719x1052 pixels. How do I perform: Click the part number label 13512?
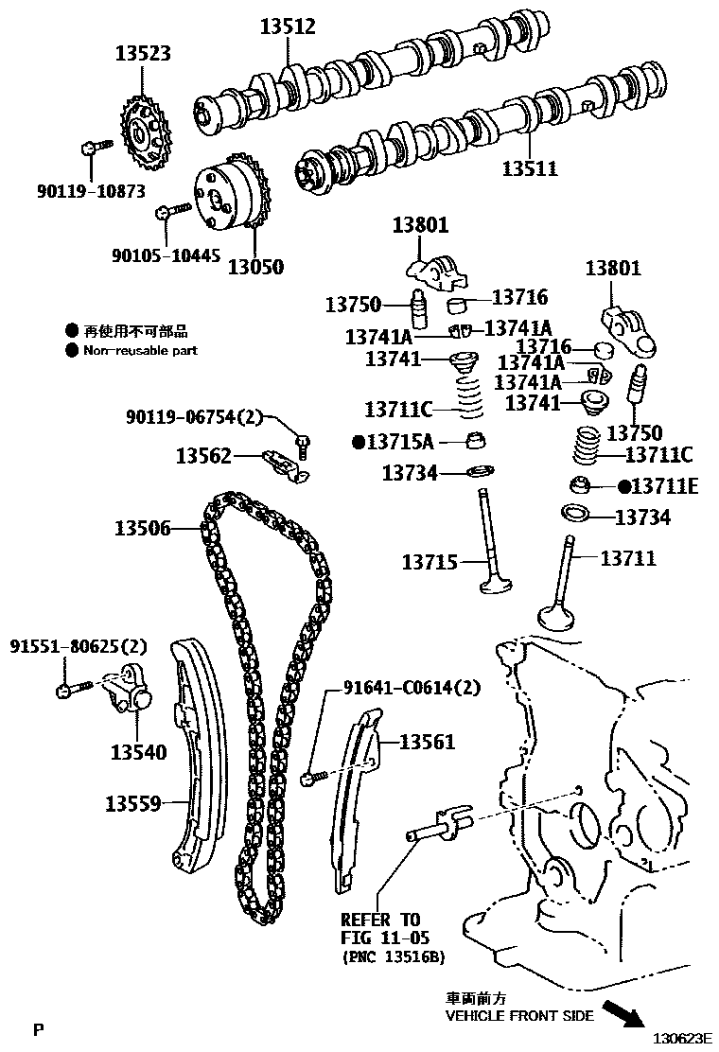[x=288, y=26]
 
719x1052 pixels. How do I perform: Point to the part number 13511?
[x=530, y=167]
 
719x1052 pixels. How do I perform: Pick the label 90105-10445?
[x=166, y=255]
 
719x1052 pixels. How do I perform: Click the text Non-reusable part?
[x=140, y=350]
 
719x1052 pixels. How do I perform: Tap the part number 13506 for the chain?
[x=142, y=529]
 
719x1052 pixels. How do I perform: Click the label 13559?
[x=132, y=803]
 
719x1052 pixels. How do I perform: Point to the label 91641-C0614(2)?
[x=412, y=688]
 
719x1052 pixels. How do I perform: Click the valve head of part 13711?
[x=556, y=617]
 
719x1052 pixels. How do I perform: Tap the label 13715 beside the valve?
[x=430, y=562]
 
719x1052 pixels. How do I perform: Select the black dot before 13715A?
[x=359, y=442]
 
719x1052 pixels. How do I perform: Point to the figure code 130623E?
[x=682, y=1039]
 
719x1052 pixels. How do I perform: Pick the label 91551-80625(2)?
[x=79, y=647]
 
